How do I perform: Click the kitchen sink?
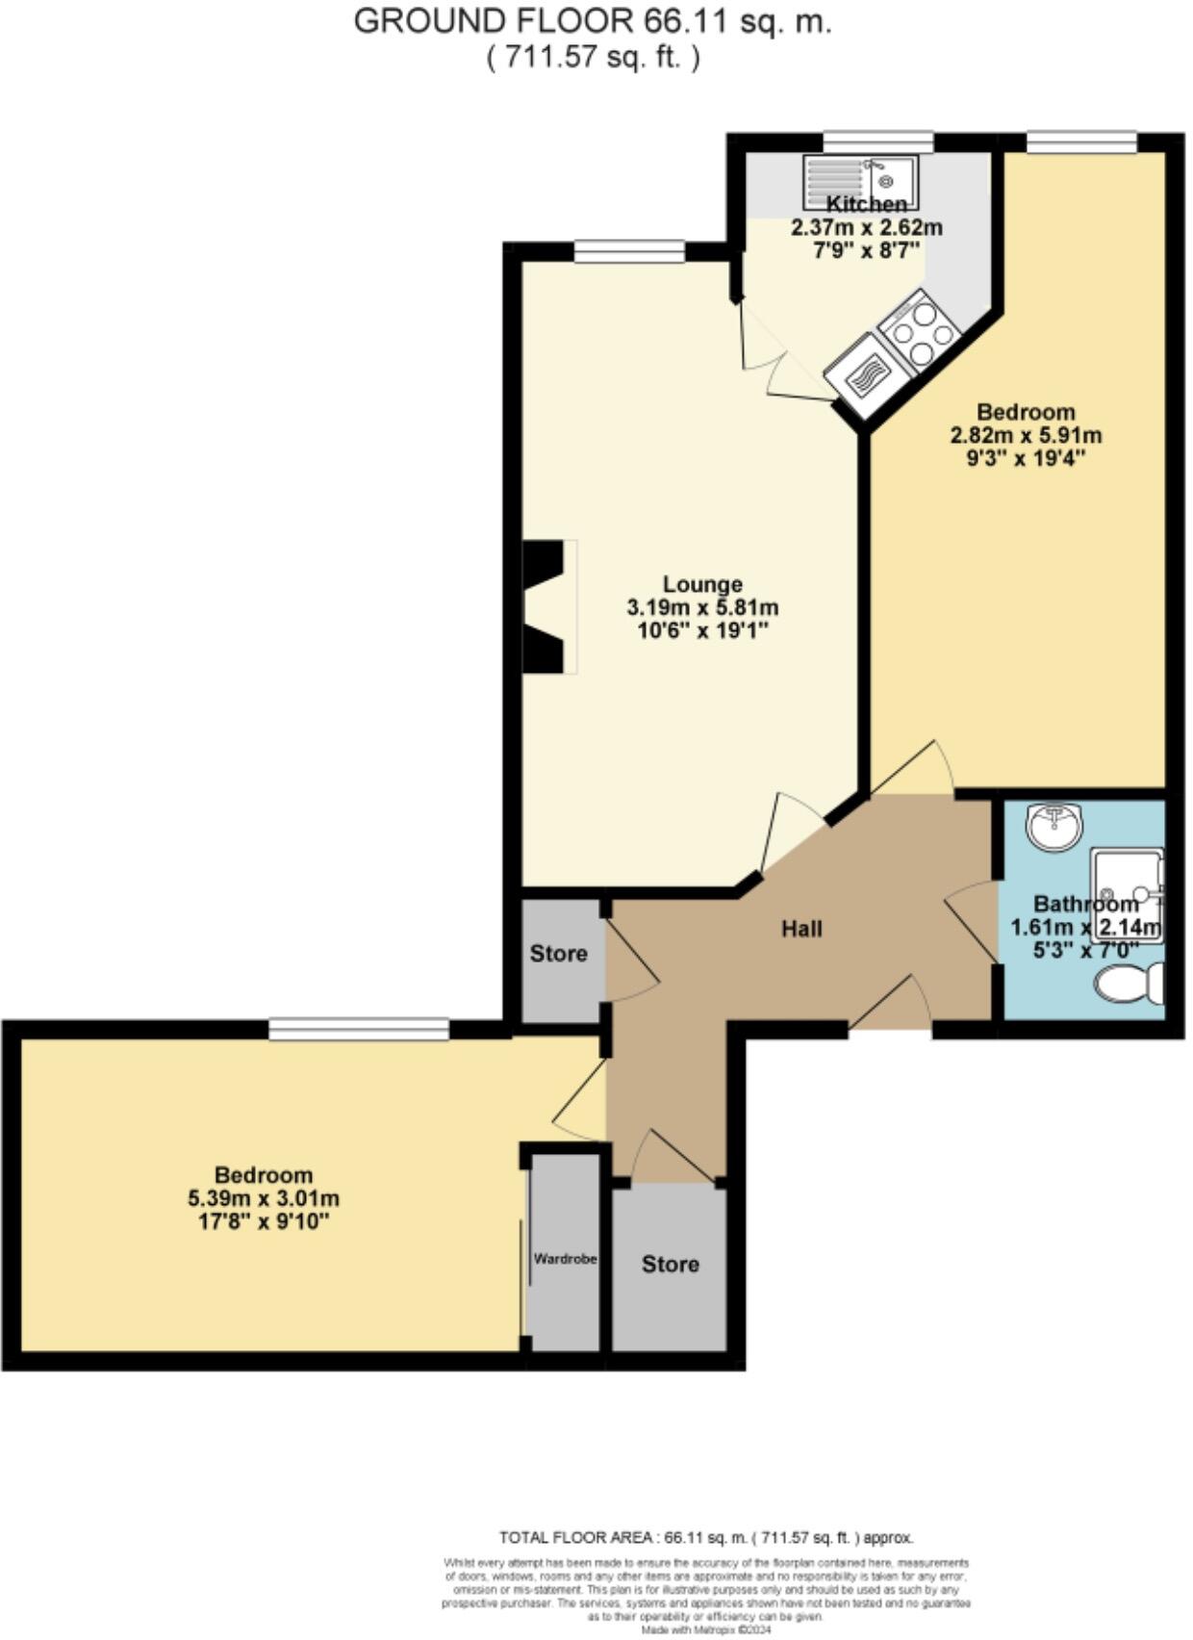point(862,182)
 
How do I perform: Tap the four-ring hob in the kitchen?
point(921,330)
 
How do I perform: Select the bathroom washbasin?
point(1055,827)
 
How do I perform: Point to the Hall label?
point(801,929)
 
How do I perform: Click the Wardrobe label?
point(566,1258)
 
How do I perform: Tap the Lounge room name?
point(702,584)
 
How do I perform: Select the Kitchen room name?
point(867,204)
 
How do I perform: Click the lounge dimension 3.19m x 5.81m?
point(702,608)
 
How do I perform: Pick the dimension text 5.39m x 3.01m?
point(263,1199)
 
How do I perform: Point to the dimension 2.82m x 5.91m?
point(1026,435)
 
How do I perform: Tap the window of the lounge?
point(630,252)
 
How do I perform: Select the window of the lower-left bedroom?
point(359,1030)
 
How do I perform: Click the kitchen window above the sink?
point(877,142)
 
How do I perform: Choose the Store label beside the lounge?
point(558,954)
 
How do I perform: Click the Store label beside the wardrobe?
point(670,1264)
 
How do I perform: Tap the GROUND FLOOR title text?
point(593,21)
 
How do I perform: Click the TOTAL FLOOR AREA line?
point(705,1538)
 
